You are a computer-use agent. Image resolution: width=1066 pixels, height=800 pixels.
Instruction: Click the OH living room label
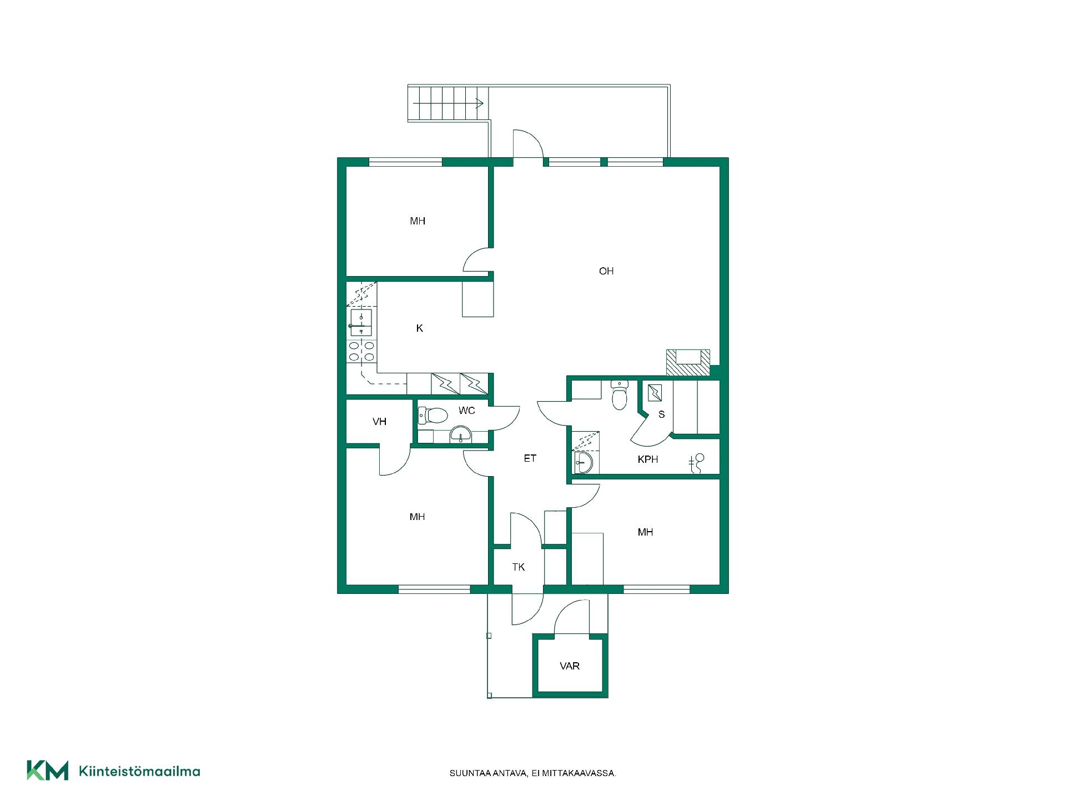click(x=606, y=271)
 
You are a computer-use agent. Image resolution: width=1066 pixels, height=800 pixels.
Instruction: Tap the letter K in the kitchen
click(x=420, y=328)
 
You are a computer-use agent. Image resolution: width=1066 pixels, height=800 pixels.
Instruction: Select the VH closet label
click(x=380, y=422)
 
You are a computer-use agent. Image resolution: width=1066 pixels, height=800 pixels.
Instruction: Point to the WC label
click(x=467, y=411)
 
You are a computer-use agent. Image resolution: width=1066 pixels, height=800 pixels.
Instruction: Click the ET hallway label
click(x=530, y=458)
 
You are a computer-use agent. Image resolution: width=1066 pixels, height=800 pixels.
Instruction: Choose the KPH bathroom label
click(x=648, y=459)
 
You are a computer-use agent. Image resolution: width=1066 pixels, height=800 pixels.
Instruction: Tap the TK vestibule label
click(x=519, y=567)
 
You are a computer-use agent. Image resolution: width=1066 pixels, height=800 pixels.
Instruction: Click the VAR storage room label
click(x=570, y=666)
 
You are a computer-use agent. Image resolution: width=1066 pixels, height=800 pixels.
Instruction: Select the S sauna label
click(x=661, y=414)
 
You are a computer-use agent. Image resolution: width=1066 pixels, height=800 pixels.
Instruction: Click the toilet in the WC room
click(x=433, y=415)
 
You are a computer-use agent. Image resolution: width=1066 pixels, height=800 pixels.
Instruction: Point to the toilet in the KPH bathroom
click(x=619, y=394)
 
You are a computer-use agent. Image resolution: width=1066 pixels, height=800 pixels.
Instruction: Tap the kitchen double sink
click(x=361, y=323)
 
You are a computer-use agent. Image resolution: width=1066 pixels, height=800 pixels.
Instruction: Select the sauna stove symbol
click(x=655, y=393)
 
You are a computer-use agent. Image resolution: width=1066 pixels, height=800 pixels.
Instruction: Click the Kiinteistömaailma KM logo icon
click(x=48, y=771)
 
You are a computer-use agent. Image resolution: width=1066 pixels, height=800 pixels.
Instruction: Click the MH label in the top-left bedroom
click(x=418, y=221)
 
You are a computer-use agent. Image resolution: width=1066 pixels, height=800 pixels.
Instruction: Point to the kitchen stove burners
click(x=361, y=351)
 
